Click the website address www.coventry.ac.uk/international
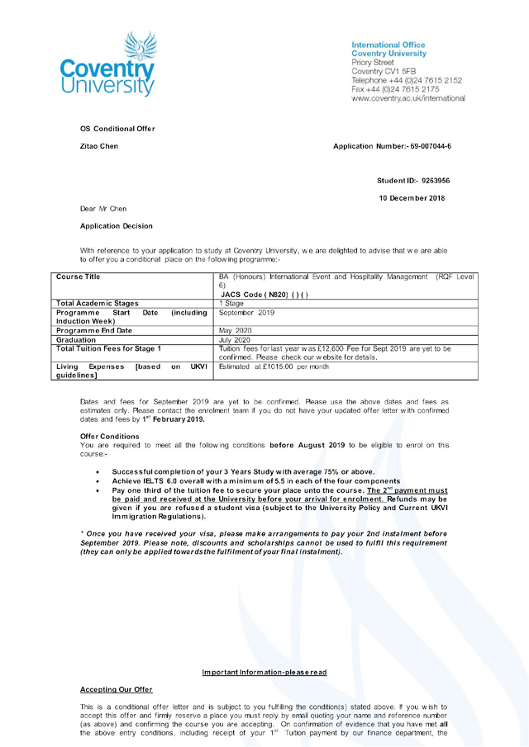407,98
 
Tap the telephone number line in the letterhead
407,80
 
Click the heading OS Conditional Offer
117,129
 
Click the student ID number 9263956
435,179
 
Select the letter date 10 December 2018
412,197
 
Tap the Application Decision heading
116,225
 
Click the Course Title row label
78,277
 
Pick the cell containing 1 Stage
231,304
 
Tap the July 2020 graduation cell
236,339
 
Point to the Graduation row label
76,339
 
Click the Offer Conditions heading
110,436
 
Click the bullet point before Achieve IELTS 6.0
99,481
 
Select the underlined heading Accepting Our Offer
116,689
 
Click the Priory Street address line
373,63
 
